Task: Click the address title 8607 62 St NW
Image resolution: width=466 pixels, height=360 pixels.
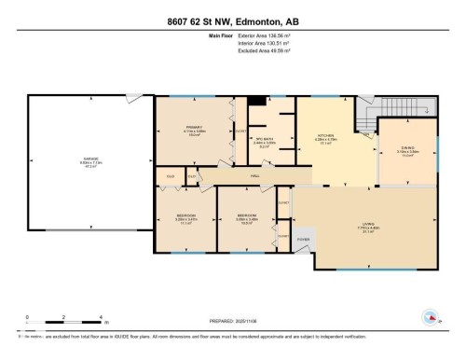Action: [232, 22]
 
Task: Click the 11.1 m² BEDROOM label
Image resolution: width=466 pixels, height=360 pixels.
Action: [185, 218]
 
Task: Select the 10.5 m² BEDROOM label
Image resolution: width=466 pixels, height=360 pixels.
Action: [246, 221]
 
